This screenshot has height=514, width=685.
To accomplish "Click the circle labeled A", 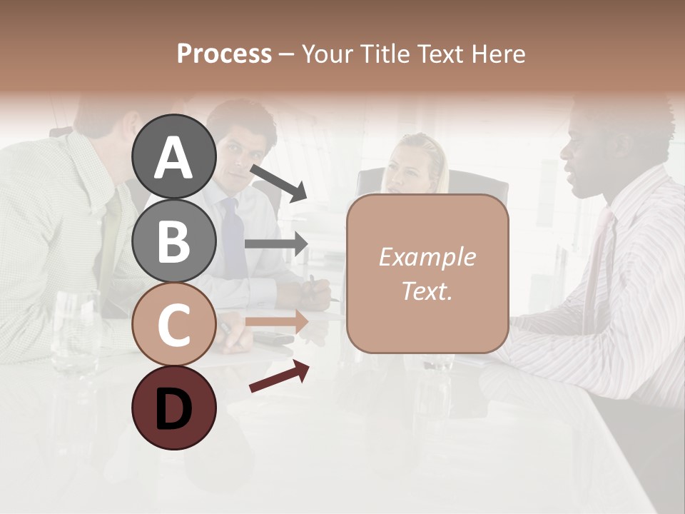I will pyautogui.click(x=173, y=157).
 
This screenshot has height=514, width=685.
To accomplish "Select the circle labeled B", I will pyautogui.click(x=173, y=241).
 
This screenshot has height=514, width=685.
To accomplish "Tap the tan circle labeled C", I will pyautogui.click(x=173, y=325).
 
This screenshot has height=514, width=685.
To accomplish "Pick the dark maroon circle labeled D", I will pyautogui.click(x=173, y=408).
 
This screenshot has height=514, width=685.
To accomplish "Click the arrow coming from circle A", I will pyautogui.click(x=279, y=183).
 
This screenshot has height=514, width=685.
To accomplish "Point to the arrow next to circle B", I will pyautogui.click(x=276, y=243).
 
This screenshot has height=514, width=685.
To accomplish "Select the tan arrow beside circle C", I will pyautogui.click(x=277, y=321).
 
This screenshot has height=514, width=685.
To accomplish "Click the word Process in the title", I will pyautogui.click(x=224, y=54).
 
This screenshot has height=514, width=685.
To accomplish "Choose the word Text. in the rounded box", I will pyautogui.click(x=427, y=291).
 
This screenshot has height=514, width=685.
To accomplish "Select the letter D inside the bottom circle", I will pyautogui.click(x=173, y=409).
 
